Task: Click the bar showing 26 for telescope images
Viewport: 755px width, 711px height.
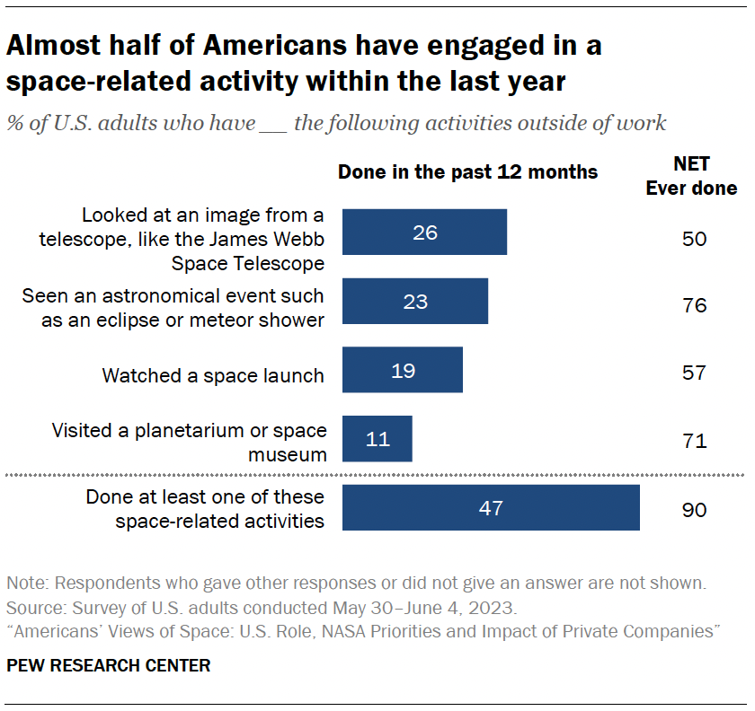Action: pyautogui.click(x=424, y=233)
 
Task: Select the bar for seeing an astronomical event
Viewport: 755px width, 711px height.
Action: pyautogui.click(x=414, y=301)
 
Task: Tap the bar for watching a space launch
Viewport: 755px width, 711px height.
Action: pyautogui.click(x=402, y=370)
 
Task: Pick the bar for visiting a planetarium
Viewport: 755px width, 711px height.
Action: pyautogui.click(x=377, y=439)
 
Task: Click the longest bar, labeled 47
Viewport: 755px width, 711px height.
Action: pyautogui.click(x=491, y=508)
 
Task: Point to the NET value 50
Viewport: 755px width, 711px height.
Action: pyautogui.click(x=694, y=239)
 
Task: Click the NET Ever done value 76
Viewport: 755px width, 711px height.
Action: pyautogui.click(x=694, y=306)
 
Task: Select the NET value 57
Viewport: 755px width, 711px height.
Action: pyautogui.click(x=694, y=373)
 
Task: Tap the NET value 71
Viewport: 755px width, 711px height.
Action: pyautogui.click(x=694, y=441)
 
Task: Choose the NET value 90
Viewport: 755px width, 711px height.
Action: pyautogui.click(x=694, y=510)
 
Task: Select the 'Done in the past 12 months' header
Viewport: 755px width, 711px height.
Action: pyautogui.click(x=467, y=171)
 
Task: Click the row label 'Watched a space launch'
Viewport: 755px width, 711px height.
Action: pyautogui.click(x=213, y=375)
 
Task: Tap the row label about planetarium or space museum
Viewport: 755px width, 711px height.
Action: pyautogui.click(x=189, y=442)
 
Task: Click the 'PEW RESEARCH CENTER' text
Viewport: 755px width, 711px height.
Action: pyautogui.click(x=109, y=665)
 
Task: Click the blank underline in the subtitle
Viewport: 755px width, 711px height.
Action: pyautogui.click(x=272, y=123)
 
